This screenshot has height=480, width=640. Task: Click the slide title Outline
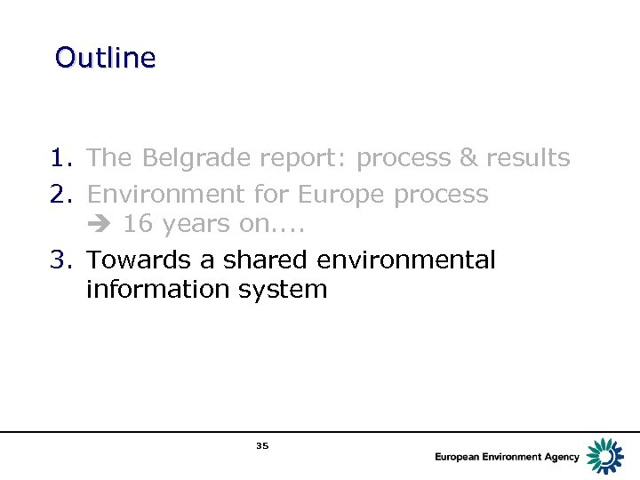105,58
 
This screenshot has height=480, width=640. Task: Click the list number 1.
61,158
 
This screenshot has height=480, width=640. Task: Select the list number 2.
61,194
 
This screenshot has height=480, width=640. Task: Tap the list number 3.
61,260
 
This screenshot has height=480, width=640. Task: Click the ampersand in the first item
468,158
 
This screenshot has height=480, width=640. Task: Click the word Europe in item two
342,195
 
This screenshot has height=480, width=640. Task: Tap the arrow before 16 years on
100,225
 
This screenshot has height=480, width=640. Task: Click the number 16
137,224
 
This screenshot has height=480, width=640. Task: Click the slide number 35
261,446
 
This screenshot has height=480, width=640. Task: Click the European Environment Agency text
507,457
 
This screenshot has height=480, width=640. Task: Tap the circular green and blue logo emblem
606,456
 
